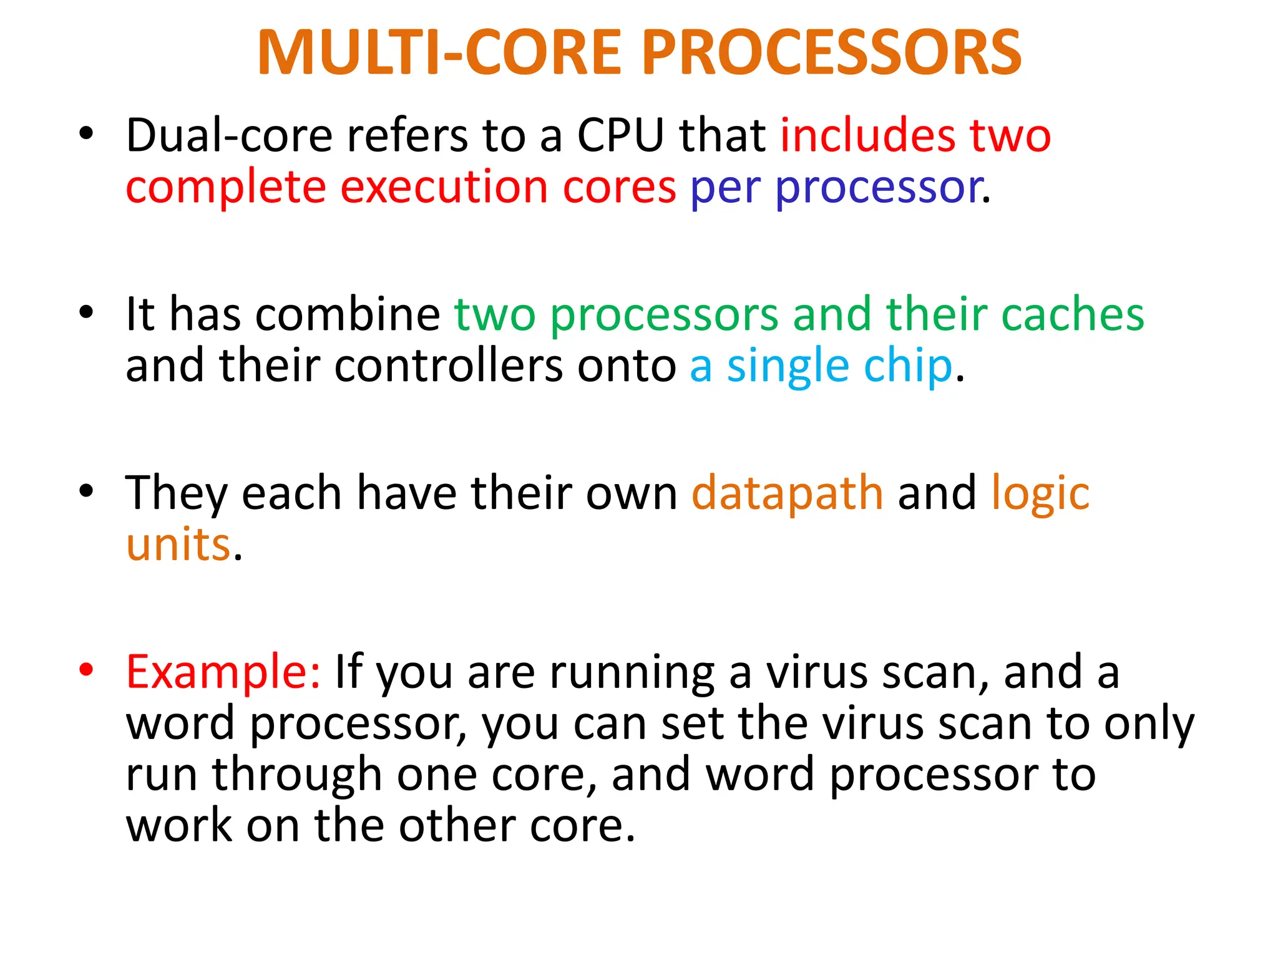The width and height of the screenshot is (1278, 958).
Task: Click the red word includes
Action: (867, 135)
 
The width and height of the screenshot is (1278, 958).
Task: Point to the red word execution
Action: (444, 187)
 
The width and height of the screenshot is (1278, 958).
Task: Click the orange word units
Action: (178, 544)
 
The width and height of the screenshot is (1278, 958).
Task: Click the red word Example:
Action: (223, 673)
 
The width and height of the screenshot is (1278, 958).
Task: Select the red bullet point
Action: (86, 670)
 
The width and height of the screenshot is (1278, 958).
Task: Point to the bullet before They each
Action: (86, 491)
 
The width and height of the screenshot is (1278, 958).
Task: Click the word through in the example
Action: (297, 776)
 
